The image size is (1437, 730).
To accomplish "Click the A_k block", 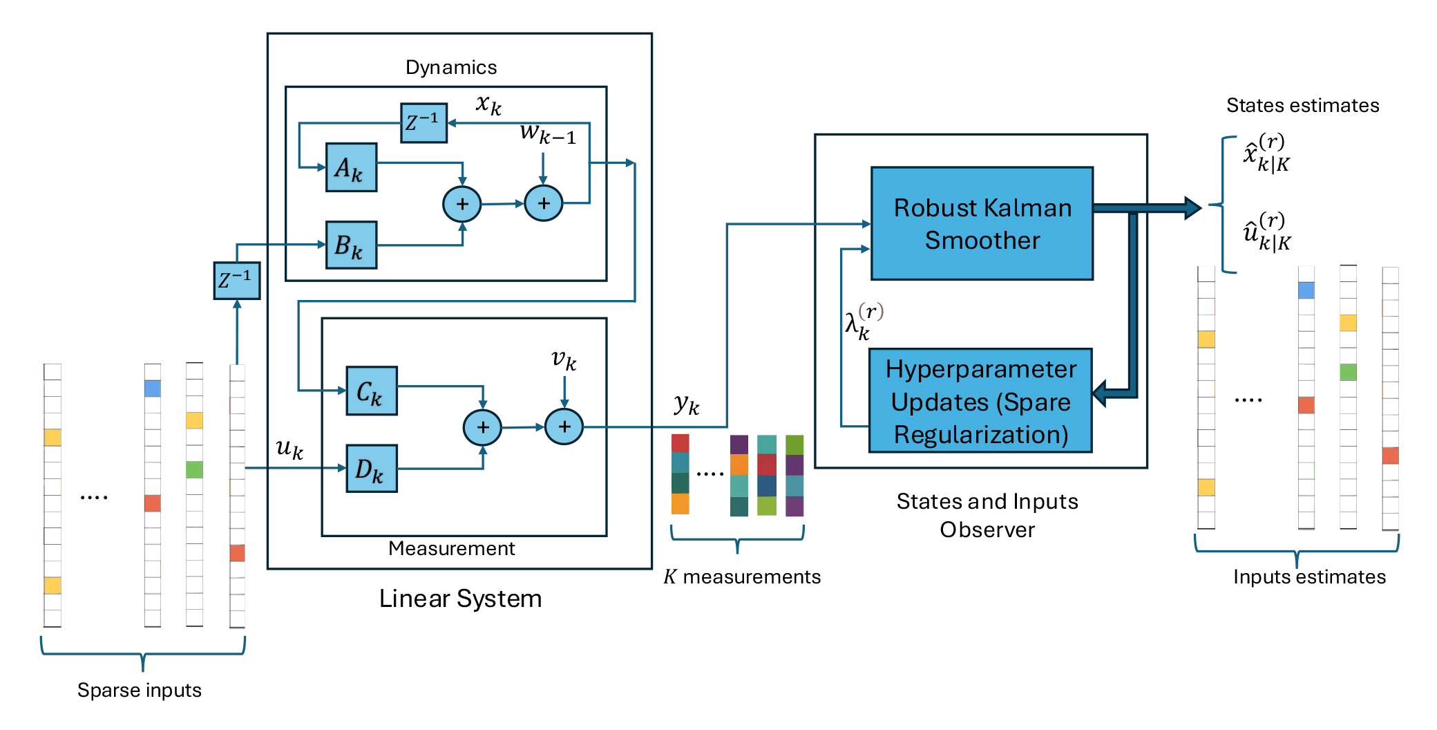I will coord(351,167).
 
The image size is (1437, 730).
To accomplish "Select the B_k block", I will coord(351,245).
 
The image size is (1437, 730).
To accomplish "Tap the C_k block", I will coord(372,391).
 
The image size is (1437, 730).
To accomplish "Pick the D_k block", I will coord(372,469).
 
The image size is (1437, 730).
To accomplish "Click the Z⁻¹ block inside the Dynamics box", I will coord(424,123).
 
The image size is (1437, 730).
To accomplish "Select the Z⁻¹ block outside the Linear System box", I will coord(237,281).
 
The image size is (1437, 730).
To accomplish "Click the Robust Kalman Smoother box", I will coord(982,223).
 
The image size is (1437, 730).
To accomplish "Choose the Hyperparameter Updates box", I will coord(980,401).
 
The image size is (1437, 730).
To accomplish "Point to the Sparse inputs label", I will coord(140,690).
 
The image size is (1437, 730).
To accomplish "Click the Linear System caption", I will coord(460,599).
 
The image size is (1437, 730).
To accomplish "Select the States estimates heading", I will coord(1302,105).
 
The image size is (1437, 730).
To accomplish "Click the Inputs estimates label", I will coord(1309,577).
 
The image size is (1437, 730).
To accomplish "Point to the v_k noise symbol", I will coord(564,359).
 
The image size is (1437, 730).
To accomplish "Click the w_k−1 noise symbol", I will coord(547,133).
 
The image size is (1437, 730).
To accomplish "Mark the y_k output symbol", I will coord(686,404).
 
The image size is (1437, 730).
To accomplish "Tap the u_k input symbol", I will coord(289,449).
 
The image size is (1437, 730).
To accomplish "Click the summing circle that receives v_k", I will coord(564,427).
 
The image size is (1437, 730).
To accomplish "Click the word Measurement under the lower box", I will coord(451,548).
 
